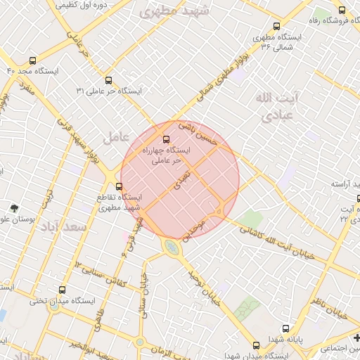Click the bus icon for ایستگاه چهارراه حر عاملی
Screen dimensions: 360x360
(x=167, y=139)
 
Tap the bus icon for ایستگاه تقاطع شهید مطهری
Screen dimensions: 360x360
(x=119, y=186)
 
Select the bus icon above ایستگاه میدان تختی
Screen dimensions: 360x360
(x=63, y=290)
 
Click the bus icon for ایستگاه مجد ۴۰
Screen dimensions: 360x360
(x=32, y=60)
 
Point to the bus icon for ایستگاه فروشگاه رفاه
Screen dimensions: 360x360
(x=342, y=10)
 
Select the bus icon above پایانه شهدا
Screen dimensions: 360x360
(x=285, y=328)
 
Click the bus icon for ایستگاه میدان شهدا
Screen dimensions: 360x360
(x=256, y=345)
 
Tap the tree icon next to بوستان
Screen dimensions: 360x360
(x=14, y=208)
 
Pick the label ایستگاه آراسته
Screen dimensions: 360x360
(x=346, y=184)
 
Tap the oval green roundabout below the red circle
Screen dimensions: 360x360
(x=171, y=247)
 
